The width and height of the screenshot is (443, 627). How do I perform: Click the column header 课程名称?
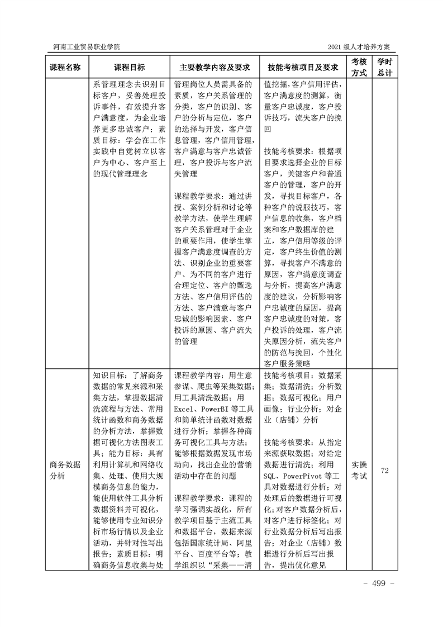tap(65, 67)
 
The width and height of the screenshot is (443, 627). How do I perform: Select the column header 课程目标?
tap(129, 67)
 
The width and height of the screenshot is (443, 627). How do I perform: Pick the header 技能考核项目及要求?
tap(303, 67)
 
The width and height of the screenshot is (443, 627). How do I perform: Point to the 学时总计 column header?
tap(384, 67)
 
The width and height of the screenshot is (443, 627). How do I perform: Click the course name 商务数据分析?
tap(65, 471)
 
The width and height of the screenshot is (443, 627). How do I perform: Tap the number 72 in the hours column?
tap(384, 471)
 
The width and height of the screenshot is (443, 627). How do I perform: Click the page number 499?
tap(379, 583)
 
